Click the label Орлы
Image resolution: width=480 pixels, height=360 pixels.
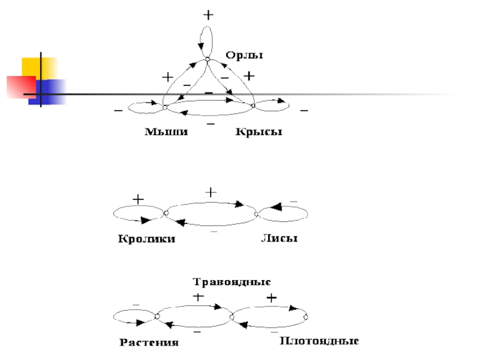pos(244,55)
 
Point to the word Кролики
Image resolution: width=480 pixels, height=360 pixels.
pos(146,239)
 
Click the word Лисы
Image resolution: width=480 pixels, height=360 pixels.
pos(279,239)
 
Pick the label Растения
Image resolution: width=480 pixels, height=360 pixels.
pos(149,343)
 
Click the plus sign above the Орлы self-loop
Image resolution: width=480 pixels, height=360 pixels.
pos(208,15)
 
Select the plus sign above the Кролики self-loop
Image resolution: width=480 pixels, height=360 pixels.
pos(138,199)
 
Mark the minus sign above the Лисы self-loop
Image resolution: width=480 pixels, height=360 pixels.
pos(293,201)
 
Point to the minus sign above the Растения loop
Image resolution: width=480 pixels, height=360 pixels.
pos(135,305)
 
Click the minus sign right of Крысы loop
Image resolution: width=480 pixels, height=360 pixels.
pos(304,112)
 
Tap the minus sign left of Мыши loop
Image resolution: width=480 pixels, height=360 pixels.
pos(117,111)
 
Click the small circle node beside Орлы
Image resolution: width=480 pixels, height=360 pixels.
pos(208,59)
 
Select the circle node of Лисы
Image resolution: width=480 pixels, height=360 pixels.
pos(256,214)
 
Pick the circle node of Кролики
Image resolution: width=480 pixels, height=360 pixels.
pos(164,212)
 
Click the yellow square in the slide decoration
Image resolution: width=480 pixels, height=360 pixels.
pos(40,67)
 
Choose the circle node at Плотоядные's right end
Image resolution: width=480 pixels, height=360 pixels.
pos(306,317)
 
